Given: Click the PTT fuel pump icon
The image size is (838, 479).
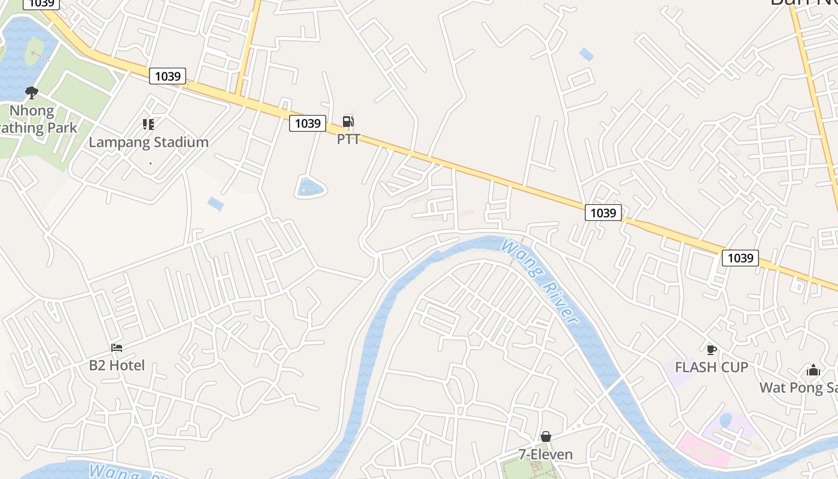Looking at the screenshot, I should (348, 122).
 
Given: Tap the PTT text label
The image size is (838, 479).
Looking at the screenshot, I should (348, 140).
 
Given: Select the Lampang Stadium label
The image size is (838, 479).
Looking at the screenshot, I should (148, 143).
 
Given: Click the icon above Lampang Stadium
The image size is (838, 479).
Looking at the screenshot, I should (148, 125).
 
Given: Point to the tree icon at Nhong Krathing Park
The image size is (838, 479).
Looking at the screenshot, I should (31, 93).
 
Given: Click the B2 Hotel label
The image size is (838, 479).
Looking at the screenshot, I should (117, 365).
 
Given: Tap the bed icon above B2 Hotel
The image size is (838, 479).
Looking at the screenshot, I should (117, 348).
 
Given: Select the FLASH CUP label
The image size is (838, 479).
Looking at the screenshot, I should (711, 367).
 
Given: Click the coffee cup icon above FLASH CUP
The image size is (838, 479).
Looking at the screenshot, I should (711, 350).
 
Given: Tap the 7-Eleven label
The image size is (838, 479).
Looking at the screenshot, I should (545, 454).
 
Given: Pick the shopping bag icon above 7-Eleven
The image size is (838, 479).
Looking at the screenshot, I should (545, 436).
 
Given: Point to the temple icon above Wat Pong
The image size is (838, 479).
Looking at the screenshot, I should (813, 371).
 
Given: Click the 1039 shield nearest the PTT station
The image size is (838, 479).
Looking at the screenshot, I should (308, 123).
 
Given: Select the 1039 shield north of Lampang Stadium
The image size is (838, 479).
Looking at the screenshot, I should (168, 76).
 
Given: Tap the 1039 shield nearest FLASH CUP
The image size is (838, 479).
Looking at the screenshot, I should (740, 258).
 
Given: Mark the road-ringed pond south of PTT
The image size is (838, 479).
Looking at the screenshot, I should (311, 188).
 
